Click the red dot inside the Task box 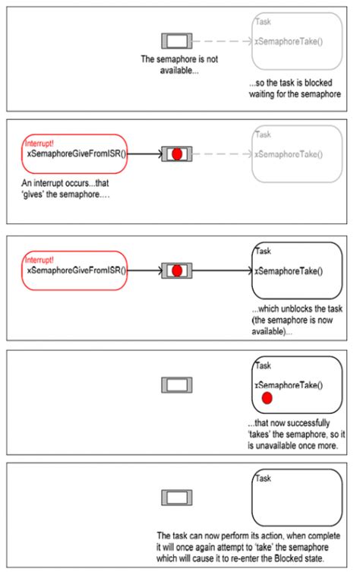tap(267, 399)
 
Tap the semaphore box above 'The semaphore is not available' tap(175, 40)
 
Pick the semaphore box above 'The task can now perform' tap(175, 497)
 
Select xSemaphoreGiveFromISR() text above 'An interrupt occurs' tap(77, 153)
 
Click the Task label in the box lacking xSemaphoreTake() tap(264, 479)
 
